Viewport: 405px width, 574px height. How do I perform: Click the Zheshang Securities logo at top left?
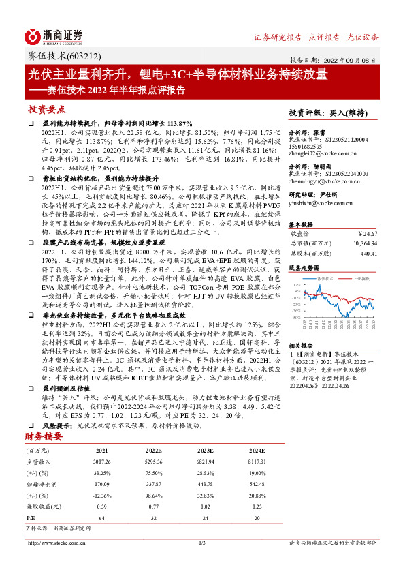tap(54, 35)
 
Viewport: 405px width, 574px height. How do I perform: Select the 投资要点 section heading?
tap(47, 109)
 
